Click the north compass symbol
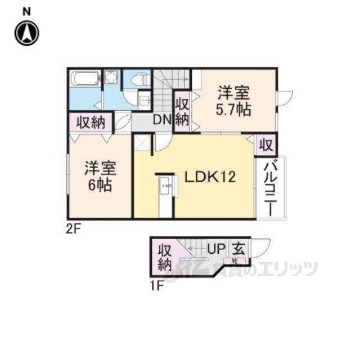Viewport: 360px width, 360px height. point(26,33)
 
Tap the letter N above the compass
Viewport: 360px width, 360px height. point(26,11)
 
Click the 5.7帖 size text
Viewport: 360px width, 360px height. point(234,108)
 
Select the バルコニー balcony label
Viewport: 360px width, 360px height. point(268,188)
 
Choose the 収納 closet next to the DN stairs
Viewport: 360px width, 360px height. point(181,111)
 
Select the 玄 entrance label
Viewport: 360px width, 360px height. point(239,247)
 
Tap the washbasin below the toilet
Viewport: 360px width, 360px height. point(143,101)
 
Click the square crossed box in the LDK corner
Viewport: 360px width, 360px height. point(142,143)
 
